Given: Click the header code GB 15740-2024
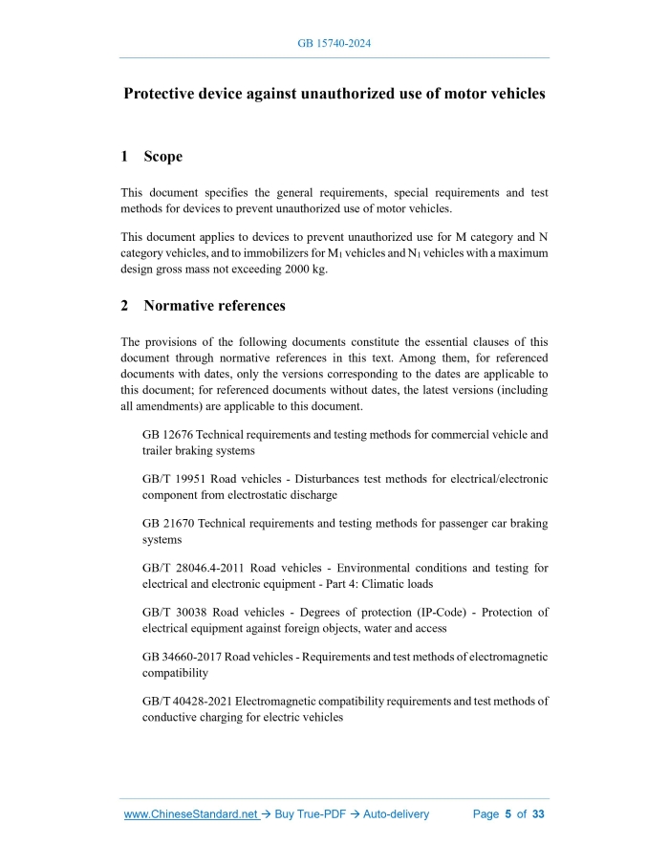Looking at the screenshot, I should [334, 45].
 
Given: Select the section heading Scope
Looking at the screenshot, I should [162, 156].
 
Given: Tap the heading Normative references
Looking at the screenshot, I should [214, 306].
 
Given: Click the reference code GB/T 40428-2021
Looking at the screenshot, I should [187, 701].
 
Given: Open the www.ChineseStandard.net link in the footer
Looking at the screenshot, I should [191, 814].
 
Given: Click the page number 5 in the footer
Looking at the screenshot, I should [508, 814].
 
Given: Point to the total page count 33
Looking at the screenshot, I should [538, 814].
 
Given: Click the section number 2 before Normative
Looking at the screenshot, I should [125, 306].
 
